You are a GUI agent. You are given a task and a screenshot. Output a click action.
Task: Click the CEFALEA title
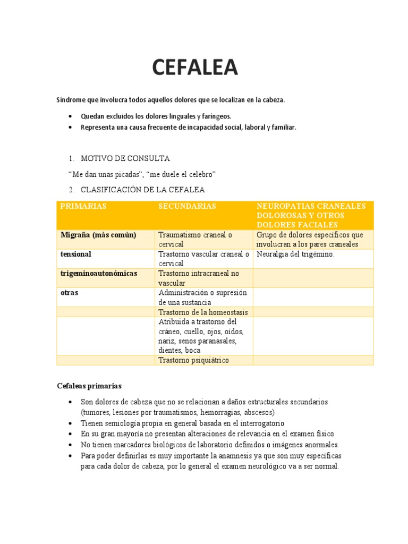click(x=195, y=68)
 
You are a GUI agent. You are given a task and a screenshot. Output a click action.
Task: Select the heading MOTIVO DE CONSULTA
click(x=125, y=158)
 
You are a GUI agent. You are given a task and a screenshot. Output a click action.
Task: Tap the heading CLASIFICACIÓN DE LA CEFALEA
click(x=142, y=190)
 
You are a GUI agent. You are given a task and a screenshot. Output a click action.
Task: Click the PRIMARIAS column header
click(x=83, y=206)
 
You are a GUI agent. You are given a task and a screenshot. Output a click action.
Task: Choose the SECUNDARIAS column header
click(x=187, y=206)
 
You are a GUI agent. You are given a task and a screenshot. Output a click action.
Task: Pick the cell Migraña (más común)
click(x=98, y=235)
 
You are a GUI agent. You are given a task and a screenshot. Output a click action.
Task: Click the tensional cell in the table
click(x=76, y=254)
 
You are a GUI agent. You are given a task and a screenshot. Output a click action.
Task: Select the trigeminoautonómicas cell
click(x=99, y=273)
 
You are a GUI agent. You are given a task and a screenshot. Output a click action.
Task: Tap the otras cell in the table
click(x=69, y=292)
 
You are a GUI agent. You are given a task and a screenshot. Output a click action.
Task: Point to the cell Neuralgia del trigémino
click(x=295, y=254)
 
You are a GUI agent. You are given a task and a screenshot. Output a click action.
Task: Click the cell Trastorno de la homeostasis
click(x=203, y=312)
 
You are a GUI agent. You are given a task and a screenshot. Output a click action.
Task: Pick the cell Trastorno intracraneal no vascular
click(x=199, y=278)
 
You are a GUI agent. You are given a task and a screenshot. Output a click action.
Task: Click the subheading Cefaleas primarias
click(x=89, y=386)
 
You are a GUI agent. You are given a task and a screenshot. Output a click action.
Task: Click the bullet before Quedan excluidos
click(x=71, y=116)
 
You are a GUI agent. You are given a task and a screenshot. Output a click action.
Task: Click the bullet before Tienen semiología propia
click(x=71, y=423)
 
